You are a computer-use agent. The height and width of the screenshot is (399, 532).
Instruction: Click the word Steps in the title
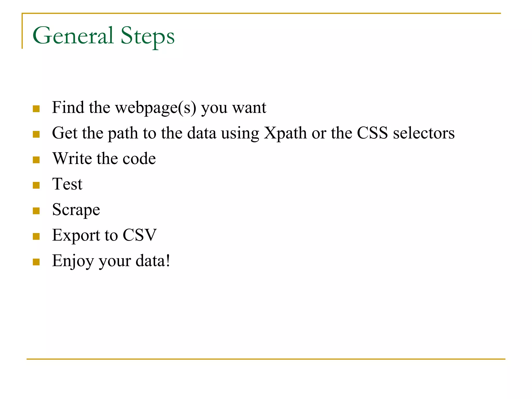point(147,36)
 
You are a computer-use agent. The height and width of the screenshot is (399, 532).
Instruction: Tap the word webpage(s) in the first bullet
point(156,108)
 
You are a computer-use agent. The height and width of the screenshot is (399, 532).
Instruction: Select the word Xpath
point(285,133)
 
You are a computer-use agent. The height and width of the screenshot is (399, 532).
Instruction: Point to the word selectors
point(424,133)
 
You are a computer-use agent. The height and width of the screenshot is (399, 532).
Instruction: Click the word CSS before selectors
point(372,133)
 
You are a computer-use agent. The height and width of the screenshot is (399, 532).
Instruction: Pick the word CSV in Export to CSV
point(139,235)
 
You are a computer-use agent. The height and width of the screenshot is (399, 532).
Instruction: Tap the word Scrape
point(76,210)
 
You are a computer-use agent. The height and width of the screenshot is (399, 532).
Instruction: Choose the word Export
point(76,235)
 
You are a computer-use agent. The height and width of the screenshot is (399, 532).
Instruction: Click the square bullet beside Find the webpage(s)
point(36,109)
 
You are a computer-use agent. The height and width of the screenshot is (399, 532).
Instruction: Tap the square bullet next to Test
point(36,185)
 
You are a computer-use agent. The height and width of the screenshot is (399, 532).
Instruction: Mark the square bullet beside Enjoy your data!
point(36,262)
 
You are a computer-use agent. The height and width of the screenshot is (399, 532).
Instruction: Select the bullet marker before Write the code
point(36,160)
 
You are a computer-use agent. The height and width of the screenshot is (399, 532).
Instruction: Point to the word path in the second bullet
point(123,133)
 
